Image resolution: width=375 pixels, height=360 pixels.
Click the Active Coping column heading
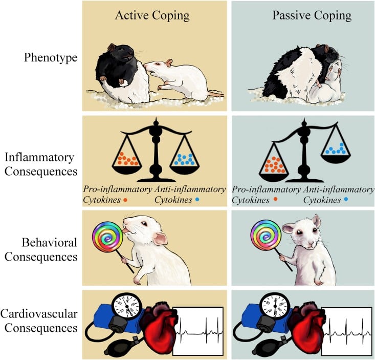[152, 15]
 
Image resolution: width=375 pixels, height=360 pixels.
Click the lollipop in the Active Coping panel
[106, 240]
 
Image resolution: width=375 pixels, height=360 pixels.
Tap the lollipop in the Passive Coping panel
[264, 240]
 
